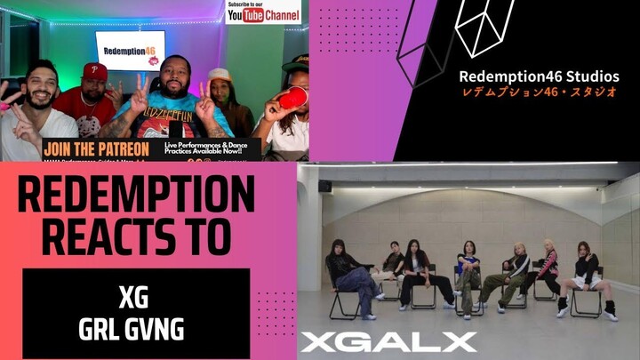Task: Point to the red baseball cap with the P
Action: pos(95,71)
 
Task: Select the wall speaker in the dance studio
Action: pos(325,187)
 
